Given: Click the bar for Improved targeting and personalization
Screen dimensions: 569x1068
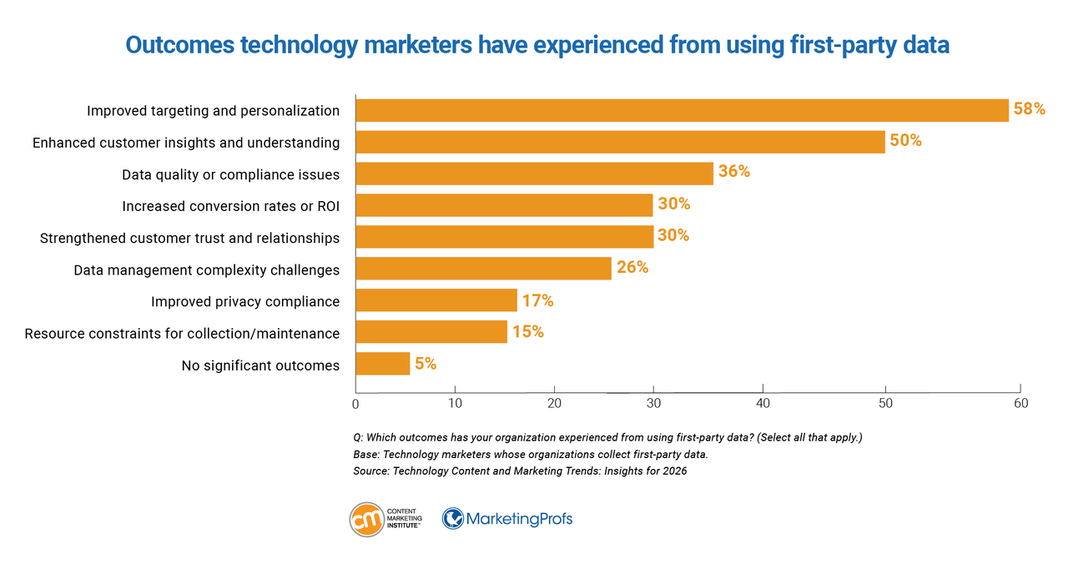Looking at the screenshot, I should (x=682, y=110).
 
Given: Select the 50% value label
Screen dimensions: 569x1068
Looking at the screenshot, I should (x=905, y=141).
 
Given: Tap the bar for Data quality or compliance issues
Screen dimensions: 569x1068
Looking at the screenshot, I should (x=534, y=174).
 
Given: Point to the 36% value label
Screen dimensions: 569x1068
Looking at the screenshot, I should (x=733, y=172).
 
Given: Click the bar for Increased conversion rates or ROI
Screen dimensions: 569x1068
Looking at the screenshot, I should (x=504, y=205).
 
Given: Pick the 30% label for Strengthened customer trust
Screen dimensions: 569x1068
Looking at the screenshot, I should (x=673, y=236).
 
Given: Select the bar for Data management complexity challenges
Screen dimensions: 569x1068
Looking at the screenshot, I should (x=483, y=269).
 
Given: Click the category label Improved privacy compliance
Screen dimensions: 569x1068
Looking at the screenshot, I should (x=245, y=301).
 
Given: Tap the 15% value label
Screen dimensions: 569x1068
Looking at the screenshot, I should (x=527, y=332).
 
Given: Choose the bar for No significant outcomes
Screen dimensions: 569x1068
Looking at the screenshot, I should (x=382, y=364).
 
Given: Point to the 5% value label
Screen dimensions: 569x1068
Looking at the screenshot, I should (x=425, y=364).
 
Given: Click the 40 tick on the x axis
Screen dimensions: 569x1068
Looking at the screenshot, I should (x=763, y=404).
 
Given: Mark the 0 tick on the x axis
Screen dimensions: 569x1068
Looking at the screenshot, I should (x=355, y=404).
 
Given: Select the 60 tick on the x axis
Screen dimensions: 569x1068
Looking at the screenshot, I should (x=1020, y=404).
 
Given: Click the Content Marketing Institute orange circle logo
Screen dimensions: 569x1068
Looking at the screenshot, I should (x=366, y=519).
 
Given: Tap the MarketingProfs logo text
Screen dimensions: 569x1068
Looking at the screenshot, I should (x=519, y=519).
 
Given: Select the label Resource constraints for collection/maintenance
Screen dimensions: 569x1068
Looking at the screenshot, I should (x=182, y=334).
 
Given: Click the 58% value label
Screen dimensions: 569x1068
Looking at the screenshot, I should (x=1029, y=109).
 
